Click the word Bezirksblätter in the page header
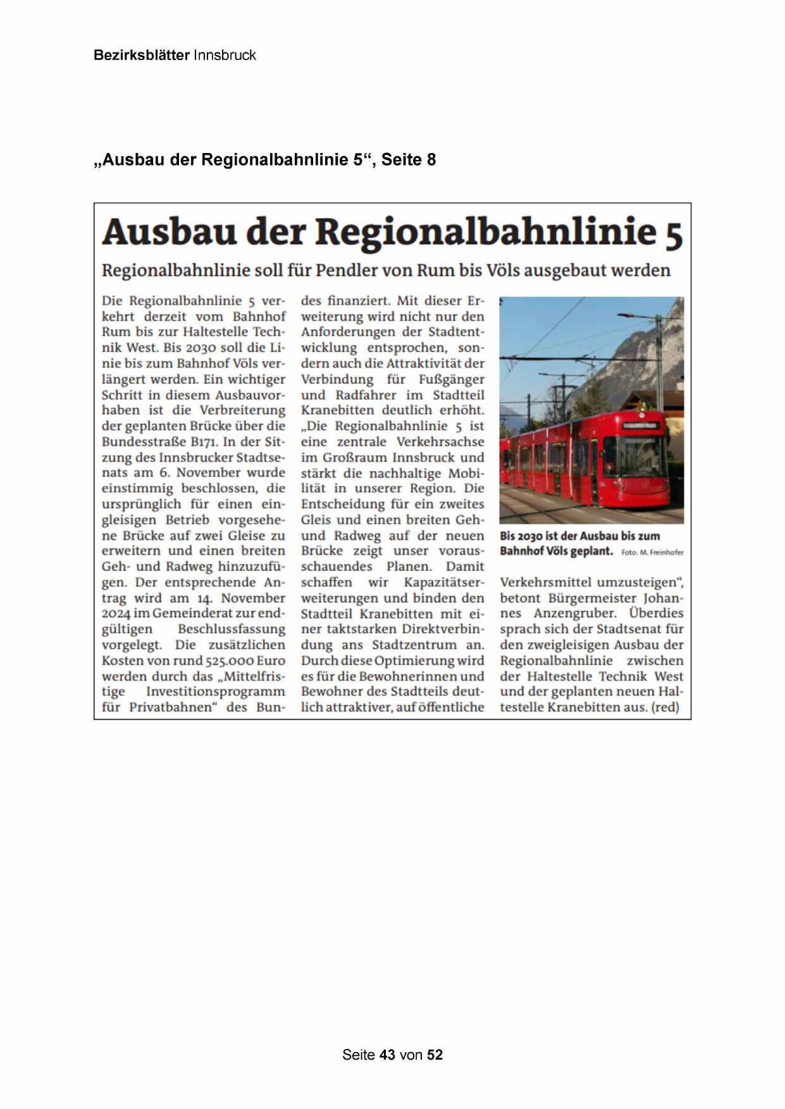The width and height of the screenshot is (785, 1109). pyautogui.click(x=142, y=55)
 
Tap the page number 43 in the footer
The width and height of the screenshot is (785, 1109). pyautogui.click(x=387, y=1055)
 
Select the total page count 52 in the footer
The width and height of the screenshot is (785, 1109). pyautogui.click(x=435, y=1055)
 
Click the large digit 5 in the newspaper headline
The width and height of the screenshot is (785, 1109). pyautogui.click(x=674, y=233)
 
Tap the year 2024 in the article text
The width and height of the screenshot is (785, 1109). pyautogui.click(x=116, y=613)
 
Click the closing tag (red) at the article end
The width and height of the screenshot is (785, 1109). pyautogui.click(x=664, y=708)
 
